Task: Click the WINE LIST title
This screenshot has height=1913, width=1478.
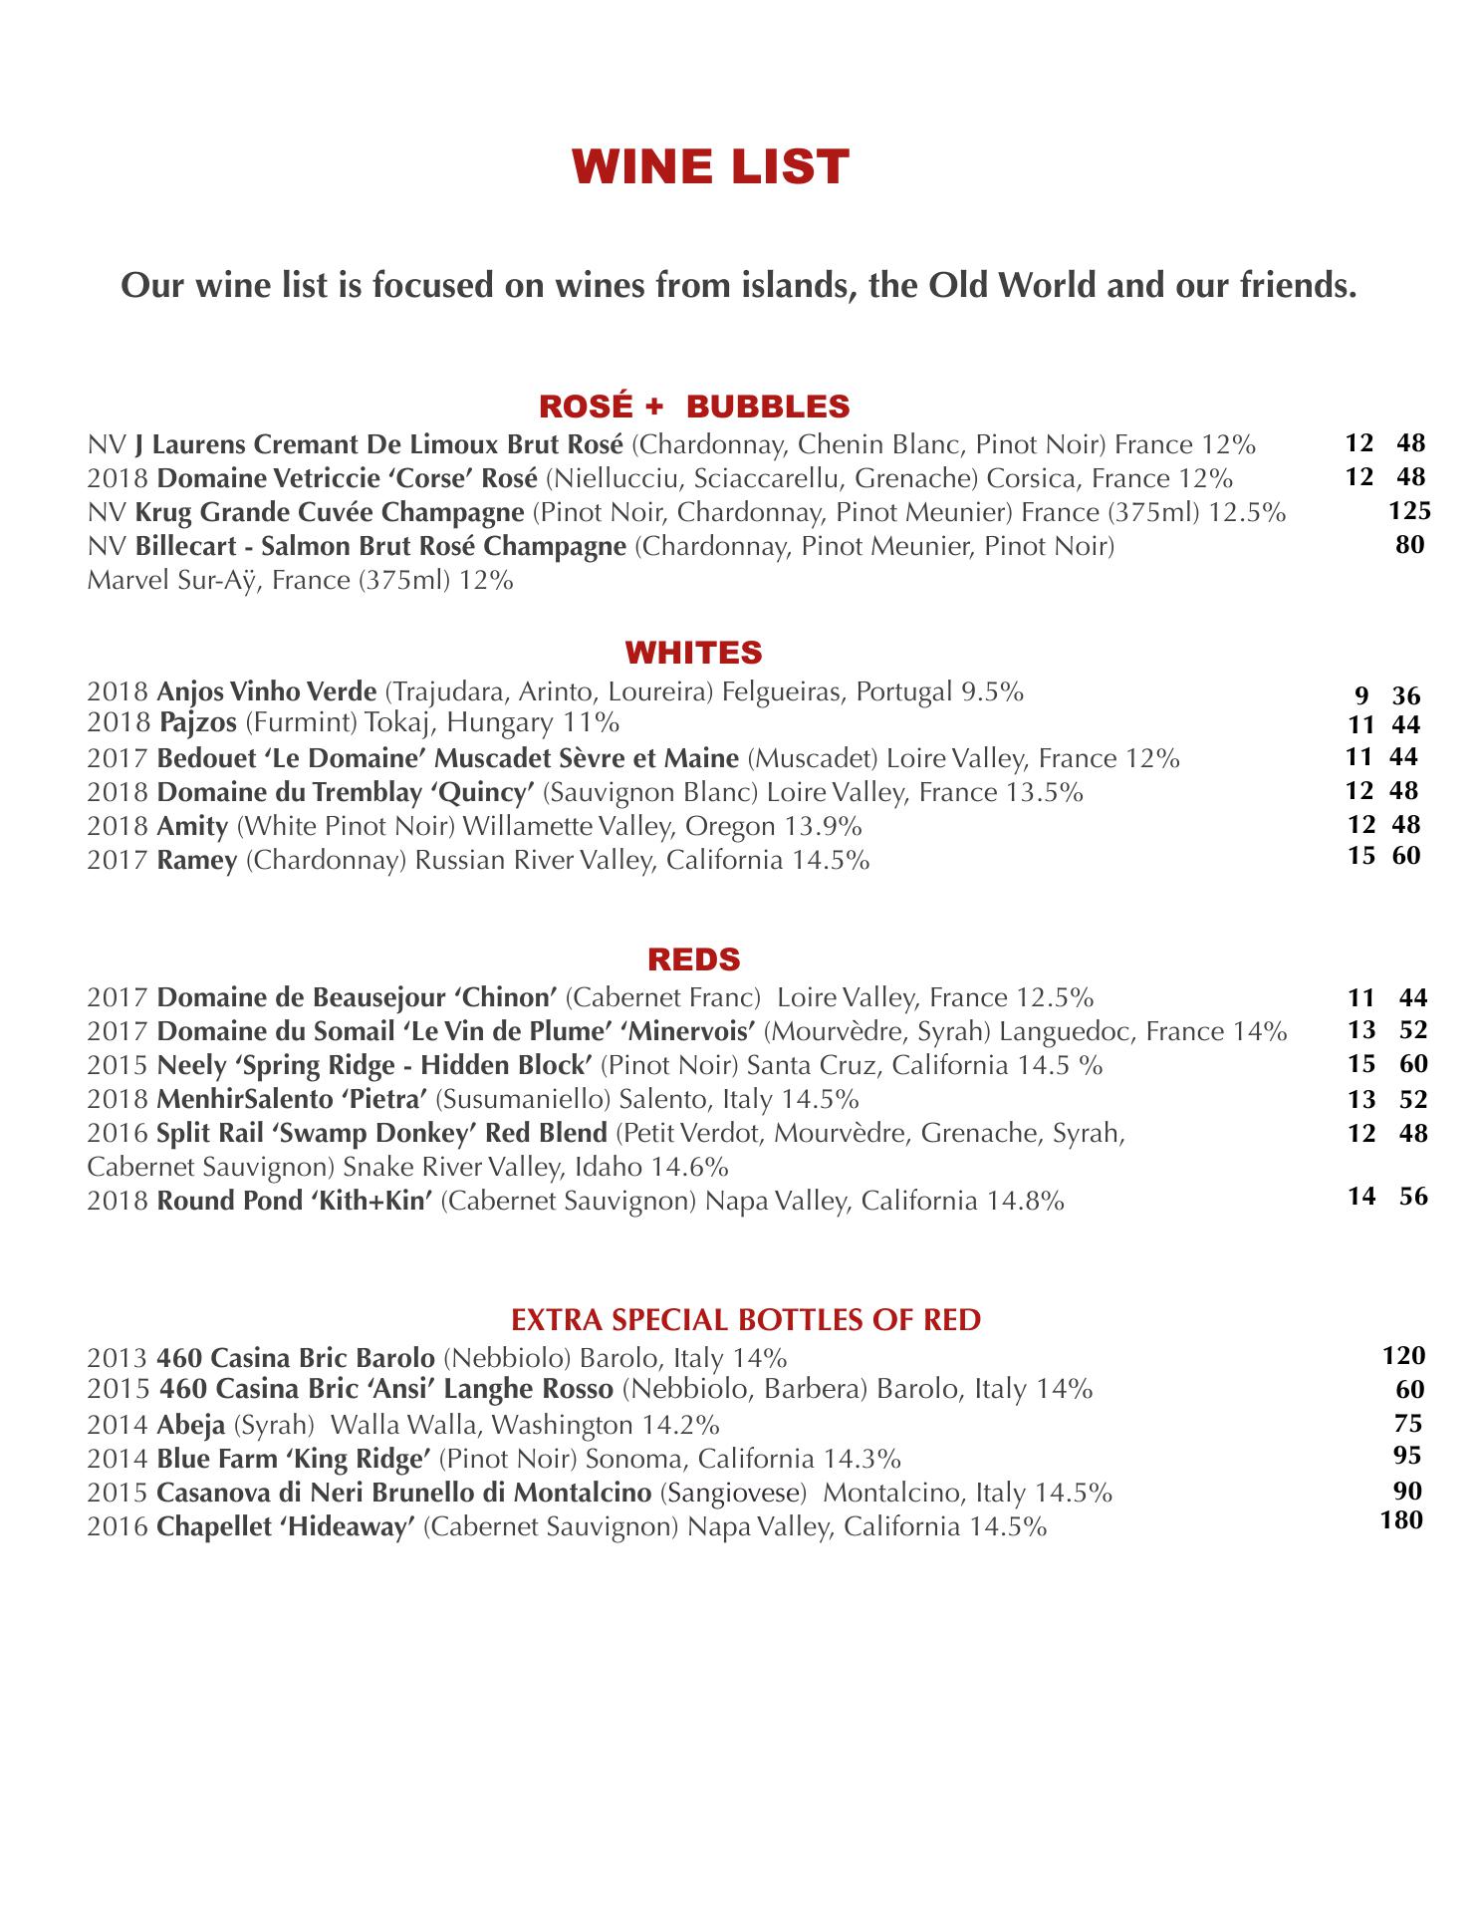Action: click(710, 167)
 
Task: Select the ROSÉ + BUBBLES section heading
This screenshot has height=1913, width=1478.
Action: click(694, 407)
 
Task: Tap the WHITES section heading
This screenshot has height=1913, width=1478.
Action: click(693, 653)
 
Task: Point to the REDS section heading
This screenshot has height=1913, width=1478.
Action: click(694, 959)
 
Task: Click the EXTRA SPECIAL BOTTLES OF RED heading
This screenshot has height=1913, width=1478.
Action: click(746, 1321)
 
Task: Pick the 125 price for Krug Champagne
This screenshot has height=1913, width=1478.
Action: click(1409, 512)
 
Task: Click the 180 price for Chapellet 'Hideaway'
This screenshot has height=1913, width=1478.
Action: click(1403, 1520)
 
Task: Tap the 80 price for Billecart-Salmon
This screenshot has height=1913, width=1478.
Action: click(1409, 545)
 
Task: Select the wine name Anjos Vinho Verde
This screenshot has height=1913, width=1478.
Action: click(267, 691)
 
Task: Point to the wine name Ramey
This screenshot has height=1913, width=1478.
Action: click(197, 860)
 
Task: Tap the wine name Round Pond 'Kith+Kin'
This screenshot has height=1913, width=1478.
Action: click(294, 1201)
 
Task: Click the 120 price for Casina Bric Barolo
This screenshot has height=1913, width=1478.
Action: click(1404, 1355)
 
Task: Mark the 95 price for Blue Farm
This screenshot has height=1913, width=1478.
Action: click(1407, 1456)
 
